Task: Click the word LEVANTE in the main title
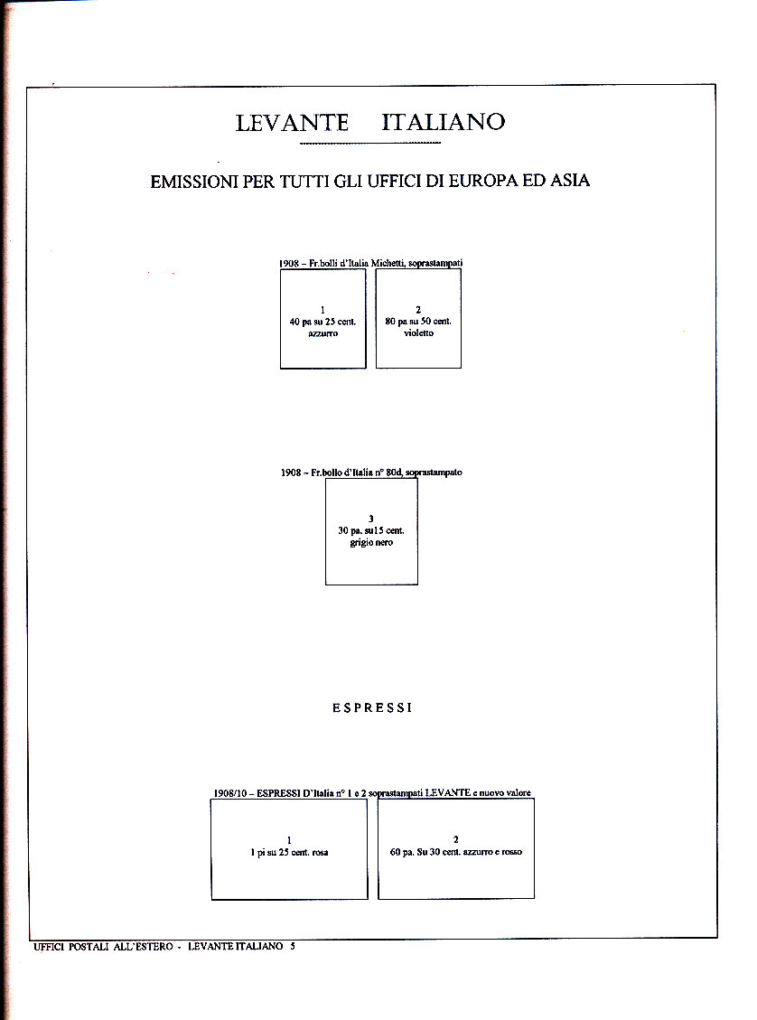pyautogui.click(x=292, y=122)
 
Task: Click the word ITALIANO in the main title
pyautogui.click(x=443, y=122)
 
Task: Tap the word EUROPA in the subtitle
pyautogui.click(x=483, y=180)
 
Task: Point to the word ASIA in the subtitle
pyautogui.click(x=570, y=180)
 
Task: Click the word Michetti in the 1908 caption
pyautogui.click(x=388, y=263)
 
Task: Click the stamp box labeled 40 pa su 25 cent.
pyautogui.click(x=323, y=319)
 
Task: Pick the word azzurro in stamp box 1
pyautogui.click(x=323, y=333)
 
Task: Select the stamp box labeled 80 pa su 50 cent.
pyautogui.click(x=418, y=319)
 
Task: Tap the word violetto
pyautogui.click(x=418, y=332)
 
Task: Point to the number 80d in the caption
pyautogui.click(x=394, y=473)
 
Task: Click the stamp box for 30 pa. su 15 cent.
pyautogui.click(x=371, y=531)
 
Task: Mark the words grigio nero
pyautogui.click(x=371, y=542)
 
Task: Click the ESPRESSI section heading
pyautogui.click(x=373, y=707)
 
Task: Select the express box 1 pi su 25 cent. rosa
pyautogui.click(x=289, y=849)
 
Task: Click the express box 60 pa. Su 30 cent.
pyautogui.click(x=456, y=848)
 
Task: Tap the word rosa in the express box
pyautogui.click(x=320, y=852)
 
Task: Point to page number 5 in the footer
pyautogui.click(x=293, y=946)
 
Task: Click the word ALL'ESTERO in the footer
pyautogui.click(x=143, y=947)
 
